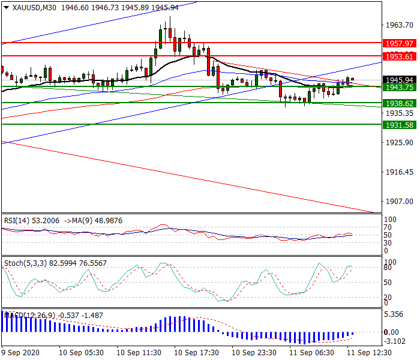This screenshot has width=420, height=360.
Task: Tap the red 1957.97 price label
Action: (399, 44)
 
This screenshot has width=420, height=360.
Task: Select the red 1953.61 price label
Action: (399, 56)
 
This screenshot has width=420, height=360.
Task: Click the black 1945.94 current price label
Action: (399, 80)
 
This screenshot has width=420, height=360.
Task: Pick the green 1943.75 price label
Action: (399, 88)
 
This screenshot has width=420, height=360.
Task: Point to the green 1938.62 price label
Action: (399, 103)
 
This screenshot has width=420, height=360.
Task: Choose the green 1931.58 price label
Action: (399, 125)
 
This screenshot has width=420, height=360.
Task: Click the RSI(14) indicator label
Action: (18, 221)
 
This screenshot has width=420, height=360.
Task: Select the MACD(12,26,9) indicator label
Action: (29, 315)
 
